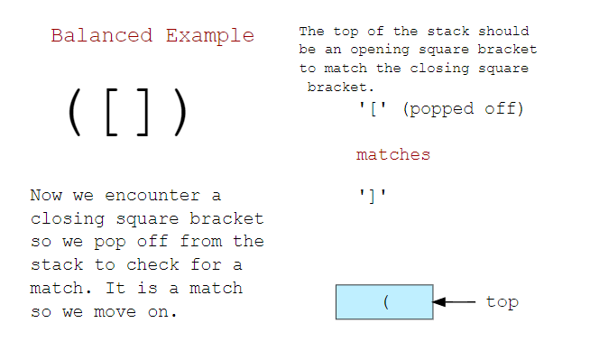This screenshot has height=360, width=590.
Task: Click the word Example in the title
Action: pyautogui.click(x=209, y=36)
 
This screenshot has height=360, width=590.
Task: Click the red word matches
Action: pyautogui.click(x=393, y=155)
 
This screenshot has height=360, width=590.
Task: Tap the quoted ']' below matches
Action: pyautogui.click(x=372, y=194)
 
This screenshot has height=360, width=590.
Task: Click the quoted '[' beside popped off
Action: pyautogui.click(x=372, y=109)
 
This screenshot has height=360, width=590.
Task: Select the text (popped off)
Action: pyautogui.click(x=463, y=109)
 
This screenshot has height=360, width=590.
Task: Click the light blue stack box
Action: pyautogui.click(x=384, y=302)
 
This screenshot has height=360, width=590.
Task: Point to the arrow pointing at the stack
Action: pyautogui.click(x=455, y=302)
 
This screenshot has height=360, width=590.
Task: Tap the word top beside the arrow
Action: pyautogui.click(x=502, y=302)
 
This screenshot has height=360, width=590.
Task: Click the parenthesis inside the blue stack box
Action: pyautogui.click(x=385, y=302)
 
